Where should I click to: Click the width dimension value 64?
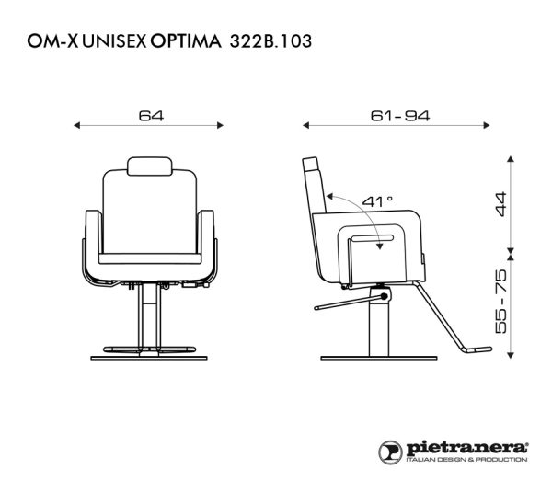(x=151, y=116)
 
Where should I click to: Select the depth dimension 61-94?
(x=400, y=116)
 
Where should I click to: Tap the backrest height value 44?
(x=500, y=204)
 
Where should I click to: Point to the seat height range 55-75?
(x=500, y=301)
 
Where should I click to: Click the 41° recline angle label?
(x=377, y=201)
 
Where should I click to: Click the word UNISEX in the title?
(x=114, y=41)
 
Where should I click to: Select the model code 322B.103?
(x=270, y=41)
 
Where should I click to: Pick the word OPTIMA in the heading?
(x=186, y=41)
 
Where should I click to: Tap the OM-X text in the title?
(x=52, y=41)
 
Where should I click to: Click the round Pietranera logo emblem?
(x=390, y=452)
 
